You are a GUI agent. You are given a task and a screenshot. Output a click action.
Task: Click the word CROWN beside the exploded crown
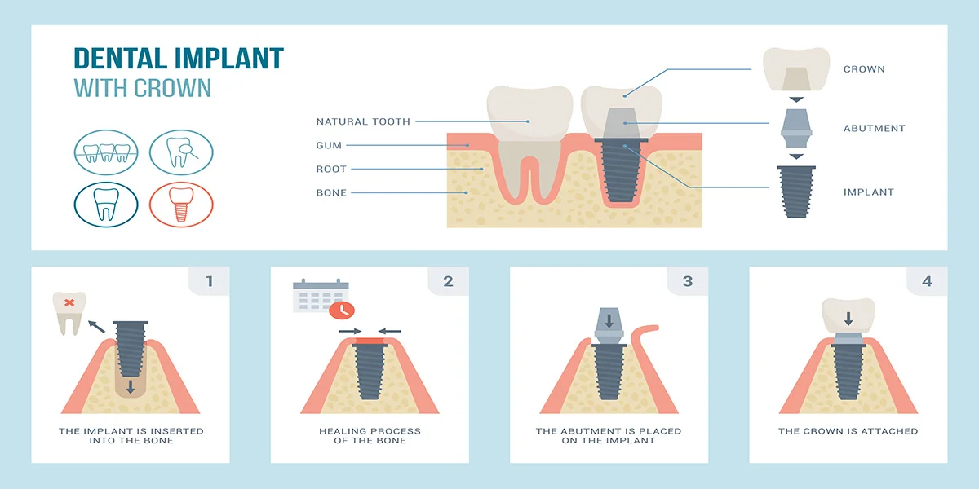[x=864, y=69]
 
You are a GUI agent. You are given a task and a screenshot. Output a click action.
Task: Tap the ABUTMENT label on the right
[x=874, y=129]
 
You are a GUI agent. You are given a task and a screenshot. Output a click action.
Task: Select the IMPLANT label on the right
[x=868, y=192]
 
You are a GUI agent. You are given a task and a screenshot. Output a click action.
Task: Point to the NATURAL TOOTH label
[x=363, y=121]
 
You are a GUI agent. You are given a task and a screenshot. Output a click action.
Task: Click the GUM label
[x=329, y=145]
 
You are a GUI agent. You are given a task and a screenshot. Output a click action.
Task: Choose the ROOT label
[x=331, y=169]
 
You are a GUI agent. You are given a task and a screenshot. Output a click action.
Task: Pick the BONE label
[x=331, y=192]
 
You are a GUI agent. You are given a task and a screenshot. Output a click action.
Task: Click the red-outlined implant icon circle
[x=181, y=205]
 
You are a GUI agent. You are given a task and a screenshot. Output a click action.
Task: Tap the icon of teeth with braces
[x=106, y=152]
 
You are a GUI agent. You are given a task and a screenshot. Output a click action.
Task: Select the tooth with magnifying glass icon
[x=181, y=152]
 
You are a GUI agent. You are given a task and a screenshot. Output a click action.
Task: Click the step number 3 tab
[x=688, y=281]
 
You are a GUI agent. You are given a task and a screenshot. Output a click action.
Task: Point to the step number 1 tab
[x=210, y=281]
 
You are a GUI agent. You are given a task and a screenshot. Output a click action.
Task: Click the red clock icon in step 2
[x=342, y=310]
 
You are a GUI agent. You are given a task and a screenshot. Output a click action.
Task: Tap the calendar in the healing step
[x=321, y=296]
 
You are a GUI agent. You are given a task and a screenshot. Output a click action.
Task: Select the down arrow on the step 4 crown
[x=848, y=319]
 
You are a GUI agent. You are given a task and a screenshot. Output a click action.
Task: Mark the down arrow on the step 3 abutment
[x=609, y=321]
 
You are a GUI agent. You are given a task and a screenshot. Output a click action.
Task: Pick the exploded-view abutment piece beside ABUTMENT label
[x=796, y=129]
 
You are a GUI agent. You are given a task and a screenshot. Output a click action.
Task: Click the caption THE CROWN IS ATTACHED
[x=848, y=431]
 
